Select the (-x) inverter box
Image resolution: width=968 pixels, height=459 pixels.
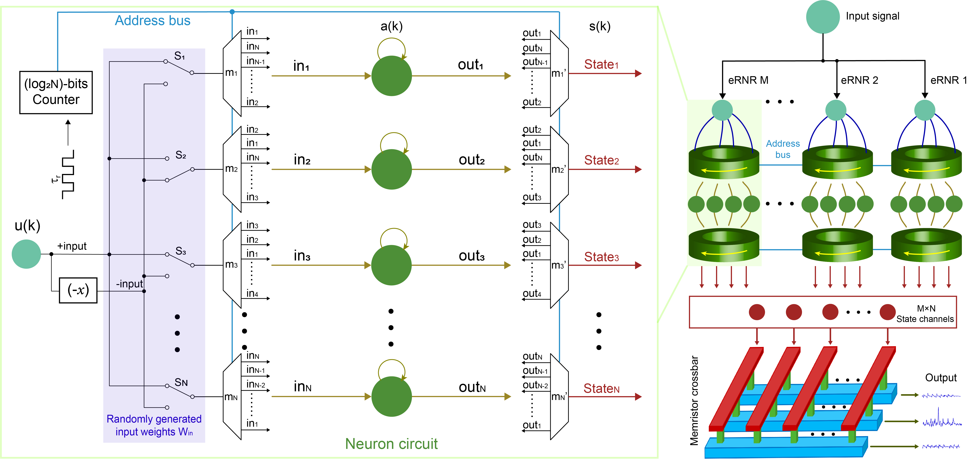click(78, 290)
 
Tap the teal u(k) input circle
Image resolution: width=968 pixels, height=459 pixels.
click(26, 254)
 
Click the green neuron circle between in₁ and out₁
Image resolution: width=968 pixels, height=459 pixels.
click(392, 76)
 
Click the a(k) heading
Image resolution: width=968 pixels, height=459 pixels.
click(392, 26)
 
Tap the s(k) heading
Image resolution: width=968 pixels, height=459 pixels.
click(600, 26)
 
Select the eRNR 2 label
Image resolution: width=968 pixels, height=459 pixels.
click(859, 80)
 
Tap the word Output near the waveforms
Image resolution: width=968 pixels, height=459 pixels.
click(941, 377)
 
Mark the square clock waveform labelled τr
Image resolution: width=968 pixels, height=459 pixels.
click(68, 175)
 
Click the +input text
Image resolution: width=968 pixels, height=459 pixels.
click(72, 246)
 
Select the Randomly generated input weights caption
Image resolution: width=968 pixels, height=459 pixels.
click(154, 425)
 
